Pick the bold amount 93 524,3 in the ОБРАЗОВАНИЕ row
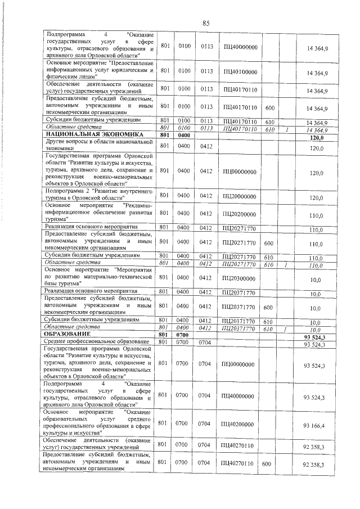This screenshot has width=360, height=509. (x=314, y=336)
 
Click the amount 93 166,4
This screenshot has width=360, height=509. (x=314, y=425)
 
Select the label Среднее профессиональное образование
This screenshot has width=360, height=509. (x=96, y=343)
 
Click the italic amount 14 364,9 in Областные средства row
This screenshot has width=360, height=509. (x=317, y=130)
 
